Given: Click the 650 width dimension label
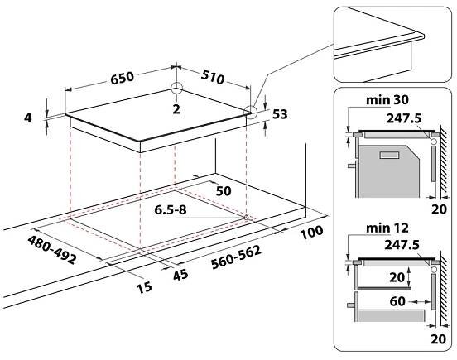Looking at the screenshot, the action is click(123, 78).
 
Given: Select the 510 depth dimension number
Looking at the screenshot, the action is click(213, 77).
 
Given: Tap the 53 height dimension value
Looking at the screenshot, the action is click(280, 114).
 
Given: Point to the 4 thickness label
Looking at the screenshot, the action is click(28, 118).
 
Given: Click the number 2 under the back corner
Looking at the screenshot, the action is click(176, 109).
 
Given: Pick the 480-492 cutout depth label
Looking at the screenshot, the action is click(52, 250).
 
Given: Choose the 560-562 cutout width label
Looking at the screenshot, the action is click(236, 257).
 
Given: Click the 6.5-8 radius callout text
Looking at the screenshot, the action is click(171, 209).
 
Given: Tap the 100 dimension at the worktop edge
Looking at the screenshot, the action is click(311, 233).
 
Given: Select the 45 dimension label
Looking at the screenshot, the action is click(180, 275).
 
